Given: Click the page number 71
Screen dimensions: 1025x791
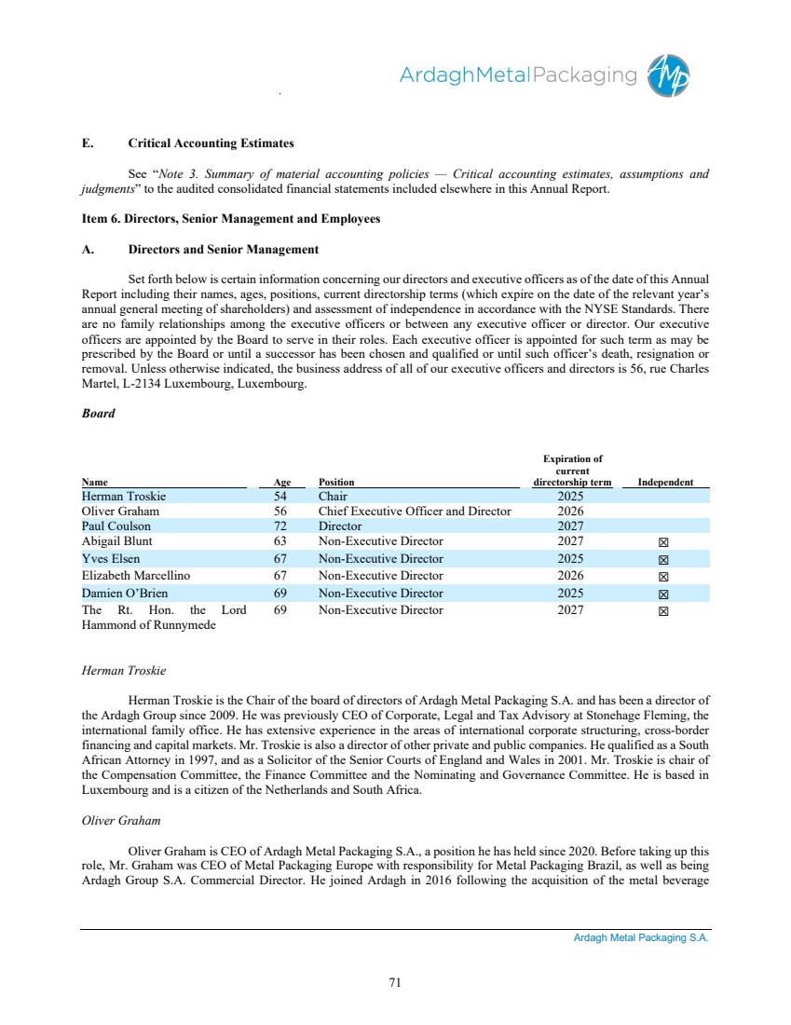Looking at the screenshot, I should (395, 980).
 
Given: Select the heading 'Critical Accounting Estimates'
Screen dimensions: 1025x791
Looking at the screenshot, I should (211, 143).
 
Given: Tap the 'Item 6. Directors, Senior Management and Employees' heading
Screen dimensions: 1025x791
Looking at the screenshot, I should (230, 219).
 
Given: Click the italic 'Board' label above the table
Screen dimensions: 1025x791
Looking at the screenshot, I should (98, 414).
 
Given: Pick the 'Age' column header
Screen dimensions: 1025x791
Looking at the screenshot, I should (282, 483).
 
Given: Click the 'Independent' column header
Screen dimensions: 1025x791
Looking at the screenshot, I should (665, 483).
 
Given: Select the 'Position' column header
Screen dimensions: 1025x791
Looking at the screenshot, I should (336, 483).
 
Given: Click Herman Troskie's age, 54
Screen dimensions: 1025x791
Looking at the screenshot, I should (280, 497).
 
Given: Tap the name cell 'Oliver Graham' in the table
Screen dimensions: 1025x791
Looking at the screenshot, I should (120, 512).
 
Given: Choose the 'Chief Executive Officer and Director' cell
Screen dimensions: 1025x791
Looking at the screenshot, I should (415, 512).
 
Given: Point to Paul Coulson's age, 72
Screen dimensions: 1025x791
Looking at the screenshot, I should (280, 526).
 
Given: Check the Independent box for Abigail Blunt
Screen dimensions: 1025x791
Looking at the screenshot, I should (664, 542).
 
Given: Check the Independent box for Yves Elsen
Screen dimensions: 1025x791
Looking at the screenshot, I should (664, 560).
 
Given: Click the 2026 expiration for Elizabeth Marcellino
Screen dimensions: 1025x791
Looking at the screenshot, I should (569, 576).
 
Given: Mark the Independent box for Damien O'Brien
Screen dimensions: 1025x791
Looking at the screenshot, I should (664, 594).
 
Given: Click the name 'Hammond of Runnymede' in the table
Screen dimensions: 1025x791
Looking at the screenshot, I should (148, 625).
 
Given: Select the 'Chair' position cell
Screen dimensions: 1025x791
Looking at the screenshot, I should (333, 497).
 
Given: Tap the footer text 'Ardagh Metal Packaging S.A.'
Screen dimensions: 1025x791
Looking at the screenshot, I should (641, 938).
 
